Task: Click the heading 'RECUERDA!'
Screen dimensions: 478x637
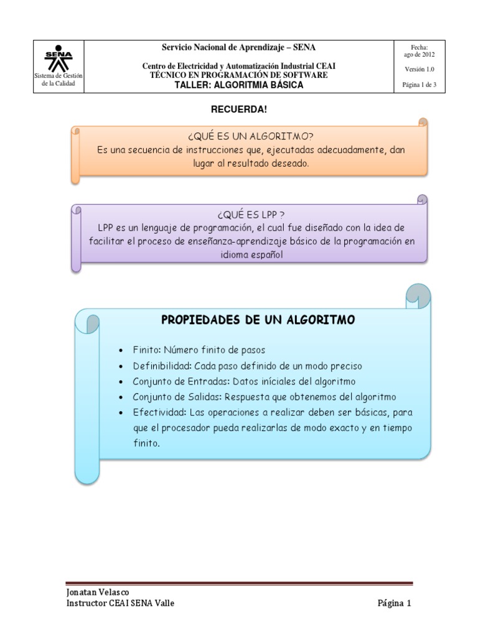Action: pos(240,109)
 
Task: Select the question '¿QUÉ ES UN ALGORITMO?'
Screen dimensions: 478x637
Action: pos(249,138)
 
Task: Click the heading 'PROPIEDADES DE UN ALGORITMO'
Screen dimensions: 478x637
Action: pos(258,320)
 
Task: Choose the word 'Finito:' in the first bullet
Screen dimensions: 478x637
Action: pos(148,350)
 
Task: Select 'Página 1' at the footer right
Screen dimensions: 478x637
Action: pos(394,603)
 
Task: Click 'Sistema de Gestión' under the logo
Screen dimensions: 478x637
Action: pos(58,76)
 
